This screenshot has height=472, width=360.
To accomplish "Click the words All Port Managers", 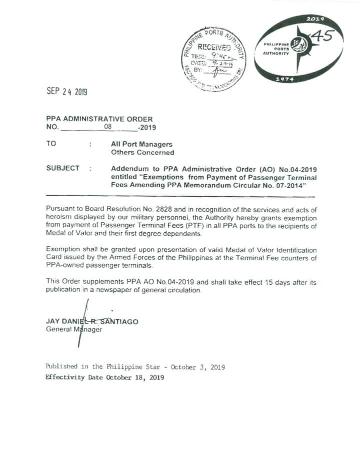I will tap(141, 144).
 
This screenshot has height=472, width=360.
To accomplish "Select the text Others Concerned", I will tap(142, 153).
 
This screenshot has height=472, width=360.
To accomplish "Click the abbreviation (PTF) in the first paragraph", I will tap(173, 226).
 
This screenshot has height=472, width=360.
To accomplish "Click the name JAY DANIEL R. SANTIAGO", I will tap(92, 321).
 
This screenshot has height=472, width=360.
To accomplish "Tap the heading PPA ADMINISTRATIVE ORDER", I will tap(99, 119).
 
